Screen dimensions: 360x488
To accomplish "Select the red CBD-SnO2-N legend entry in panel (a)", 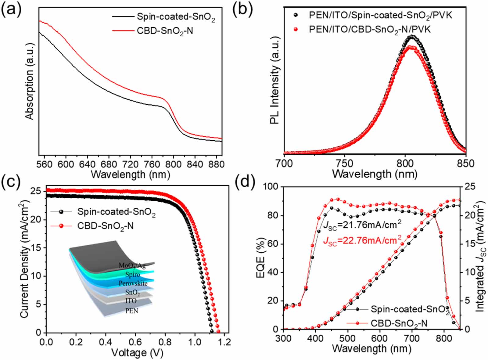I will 165,31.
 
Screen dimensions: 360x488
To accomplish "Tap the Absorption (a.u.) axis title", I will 30,81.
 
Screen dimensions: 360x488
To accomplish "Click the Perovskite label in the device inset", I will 133,283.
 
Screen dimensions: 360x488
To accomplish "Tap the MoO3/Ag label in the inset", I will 132,266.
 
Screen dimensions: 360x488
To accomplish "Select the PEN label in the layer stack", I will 132,311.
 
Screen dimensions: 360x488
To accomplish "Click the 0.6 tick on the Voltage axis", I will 165,341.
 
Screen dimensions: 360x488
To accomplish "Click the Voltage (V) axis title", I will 137,353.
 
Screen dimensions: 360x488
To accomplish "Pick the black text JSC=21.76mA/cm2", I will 362,225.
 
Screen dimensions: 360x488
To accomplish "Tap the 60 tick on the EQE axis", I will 274,244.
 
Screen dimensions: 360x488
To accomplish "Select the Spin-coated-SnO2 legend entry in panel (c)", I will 116,212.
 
